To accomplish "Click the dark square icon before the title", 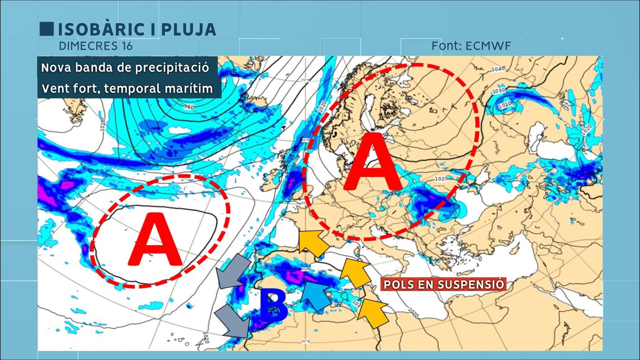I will click(46, 29).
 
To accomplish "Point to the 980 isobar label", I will click(189, 107).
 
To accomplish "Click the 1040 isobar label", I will click(498, 69).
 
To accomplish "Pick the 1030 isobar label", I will click(498, 91).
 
